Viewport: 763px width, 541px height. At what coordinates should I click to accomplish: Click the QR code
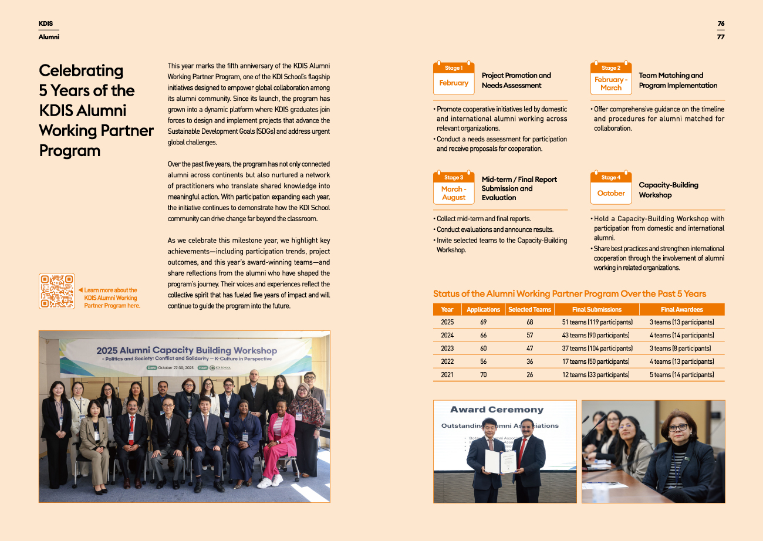point(56,291)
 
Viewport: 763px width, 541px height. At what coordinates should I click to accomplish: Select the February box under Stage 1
point(454,83)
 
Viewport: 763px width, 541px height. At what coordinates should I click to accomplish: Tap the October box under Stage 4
point(611,193)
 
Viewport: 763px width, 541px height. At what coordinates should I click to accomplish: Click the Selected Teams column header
point(529,309)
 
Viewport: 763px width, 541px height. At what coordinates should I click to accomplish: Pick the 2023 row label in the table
point(447,349)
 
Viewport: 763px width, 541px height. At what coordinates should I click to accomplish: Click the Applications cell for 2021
point(483,375)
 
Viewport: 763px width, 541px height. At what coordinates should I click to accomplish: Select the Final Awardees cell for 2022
point(681,361)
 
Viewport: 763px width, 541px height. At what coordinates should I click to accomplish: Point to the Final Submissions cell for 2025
point(597,322)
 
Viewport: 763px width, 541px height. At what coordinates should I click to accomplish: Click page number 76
point(721,23)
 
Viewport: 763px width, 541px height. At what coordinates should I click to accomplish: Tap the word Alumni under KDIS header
point(49,37)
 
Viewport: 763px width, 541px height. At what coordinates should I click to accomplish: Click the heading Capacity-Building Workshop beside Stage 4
point(668,190)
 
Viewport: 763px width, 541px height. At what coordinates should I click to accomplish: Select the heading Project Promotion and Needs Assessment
point(516,80)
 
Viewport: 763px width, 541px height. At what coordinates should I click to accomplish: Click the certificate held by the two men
point(500,462)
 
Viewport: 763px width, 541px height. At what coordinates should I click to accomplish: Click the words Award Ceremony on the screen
point(497,410)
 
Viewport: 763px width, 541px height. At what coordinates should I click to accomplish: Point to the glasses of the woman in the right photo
point(678,427)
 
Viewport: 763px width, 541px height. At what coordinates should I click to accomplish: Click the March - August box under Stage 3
point(454,193)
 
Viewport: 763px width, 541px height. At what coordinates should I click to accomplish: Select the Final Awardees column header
point(681,309)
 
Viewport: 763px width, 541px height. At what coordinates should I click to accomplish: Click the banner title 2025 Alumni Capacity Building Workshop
point(187,350)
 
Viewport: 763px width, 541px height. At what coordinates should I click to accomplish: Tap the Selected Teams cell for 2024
point(529,335)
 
